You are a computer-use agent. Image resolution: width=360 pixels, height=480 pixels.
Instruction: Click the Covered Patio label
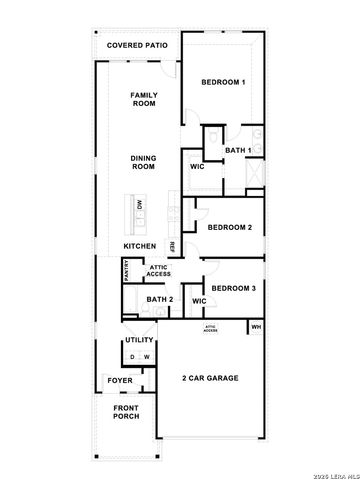(138, 46)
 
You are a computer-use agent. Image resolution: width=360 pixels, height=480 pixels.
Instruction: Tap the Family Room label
(144, 99)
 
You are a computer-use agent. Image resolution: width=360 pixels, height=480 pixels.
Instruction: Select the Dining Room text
(144, 163)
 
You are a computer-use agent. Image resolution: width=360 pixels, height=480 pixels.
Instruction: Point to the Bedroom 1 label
(223, 81)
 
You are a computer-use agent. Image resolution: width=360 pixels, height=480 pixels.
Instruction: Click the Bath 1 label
(237, 150)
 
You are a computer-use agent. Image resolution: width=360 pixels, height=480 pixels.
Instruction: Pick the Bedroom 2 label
(229, 227)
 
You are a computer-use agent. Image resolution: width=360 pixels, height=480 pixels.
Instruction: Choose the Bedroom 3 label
(234, 288)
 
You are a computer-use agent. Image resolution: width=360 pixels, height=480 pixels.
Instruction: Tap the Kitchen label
(141, 246)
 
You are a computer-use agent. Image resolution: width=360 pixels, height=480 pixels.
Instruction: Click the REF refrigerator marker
(172, 246)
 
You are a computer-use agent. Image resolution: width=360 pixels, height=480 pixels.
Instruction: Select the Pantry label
(126, 270)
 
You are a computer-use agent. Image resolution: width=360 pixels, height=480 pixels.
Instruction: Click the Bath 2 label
(160, 300)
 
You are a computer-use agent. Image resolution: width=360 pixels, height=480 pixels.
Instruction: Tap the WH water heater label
(256, 327)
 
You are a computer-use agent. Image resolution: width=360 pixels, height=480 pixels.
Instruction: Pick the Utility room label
(139, 341)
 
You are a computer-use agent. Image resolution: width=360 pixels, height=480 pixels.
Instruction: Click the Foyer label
(120, 380)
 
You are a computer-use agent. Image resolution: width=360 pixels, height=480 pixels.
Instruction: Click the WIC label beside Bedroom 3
(199, 300)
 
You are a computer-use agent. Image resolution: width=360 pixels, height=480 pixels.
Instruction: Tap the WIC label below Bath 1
(197, 167)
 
